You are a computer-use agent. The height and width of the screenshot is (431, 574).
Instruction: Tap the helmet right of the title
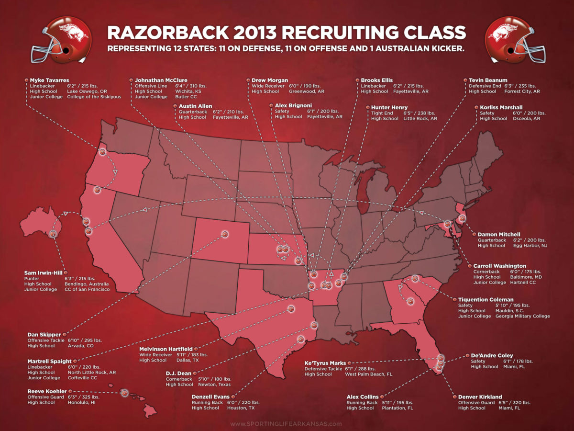click(x=515, y=40)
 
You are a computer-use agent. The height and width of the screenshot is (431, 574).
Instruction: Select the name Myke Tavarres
click(x=49, y=80)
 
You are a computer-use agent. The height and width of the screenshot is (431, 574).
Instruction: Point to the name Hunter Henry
click(x=389, y=107)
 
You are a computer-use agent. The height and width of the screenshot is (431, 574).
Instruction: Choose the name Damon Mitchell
click(x=500, y=235)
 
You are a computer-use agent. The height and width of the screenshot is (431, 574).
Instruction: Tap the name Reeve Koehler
click(x=47, y=391)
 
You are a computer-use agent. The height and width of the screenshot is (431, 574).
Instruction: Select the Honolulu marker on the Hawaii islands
click(x=124, y=393)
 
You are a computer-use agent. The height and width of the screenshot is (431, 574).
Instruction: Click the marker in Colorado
click(x=225, y=234)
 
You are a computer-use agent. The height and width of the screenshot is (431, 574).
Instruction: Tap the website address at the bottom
click(x=286, y=424)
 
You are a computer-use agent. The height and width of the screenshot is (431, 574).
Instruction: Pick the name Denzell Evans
click(x=210, y=397)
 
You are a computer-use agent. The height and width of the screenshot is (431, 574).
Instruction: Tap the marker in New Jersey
click(x=462, y=218)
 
